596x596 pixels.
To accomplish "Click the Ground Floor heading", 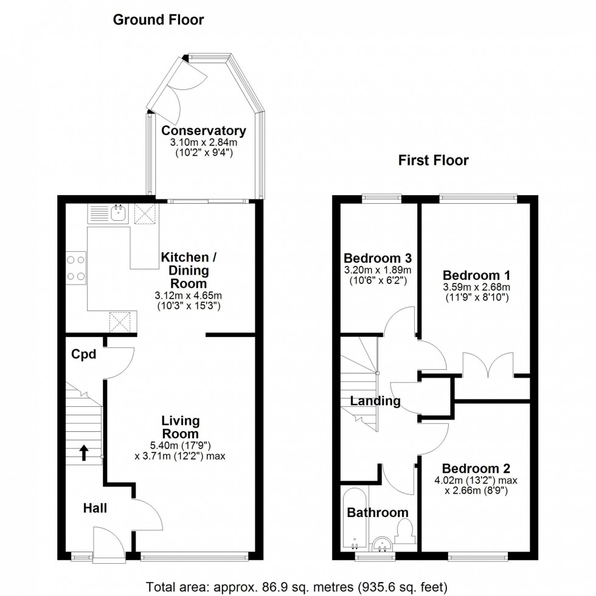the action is click(158, 19).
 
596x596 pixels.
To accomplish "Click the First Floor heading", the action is click(433, 161).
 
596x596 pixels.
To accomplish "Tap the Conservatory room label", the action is click(204, 131).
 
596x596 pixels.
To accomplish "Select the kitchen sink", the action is click(119, 213).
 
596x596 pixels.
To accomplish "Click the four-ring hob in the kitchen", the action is click(76, 268).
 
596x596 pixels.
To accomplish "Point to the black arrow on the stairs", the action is click(84, 452).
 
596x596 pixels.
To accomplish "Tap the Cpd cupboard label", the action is click(84, 354).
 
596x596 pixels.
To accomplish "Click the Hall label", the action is click(95, 508).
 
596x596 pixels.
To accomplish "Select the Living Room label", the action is click(180, 427).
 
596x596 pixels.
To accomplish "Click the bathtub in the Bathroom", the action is click(354, 519).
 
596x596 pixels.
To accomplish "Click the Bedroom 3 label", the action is click(378, 258).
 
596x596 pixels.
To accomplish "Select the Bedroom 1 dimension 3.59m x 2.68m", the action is click(476, 287).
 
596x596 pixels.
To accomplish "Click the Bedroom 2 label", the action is click(476, 468).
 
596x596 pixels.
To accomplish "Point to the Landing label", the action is click(375, 401).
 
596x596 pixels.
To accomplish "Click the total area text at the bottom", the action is click(297, 587).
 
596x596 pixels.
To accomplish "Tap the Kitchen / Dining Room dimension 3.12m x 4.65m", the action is click(188, 296).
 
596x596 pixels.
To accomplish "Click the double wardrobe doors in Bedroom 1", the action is click(488, 364).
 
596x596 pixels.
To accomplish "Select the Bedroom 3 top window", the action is click(381, 197).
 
